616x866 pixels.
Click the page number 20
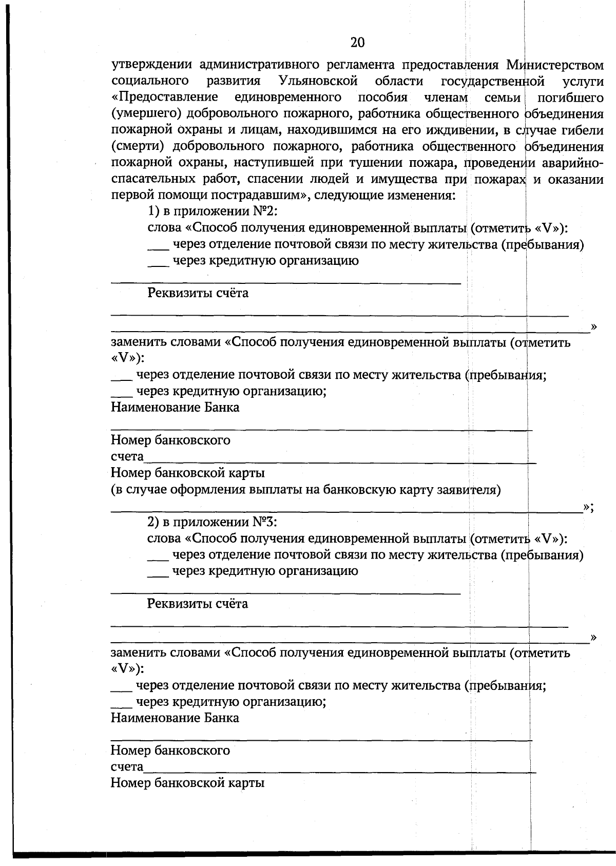coord(357,43)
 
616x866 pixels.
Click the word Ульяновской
coord(318,81)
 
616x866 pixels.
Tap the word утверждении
coord(152,65)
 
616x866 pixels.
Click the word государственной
coord(492,81)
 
